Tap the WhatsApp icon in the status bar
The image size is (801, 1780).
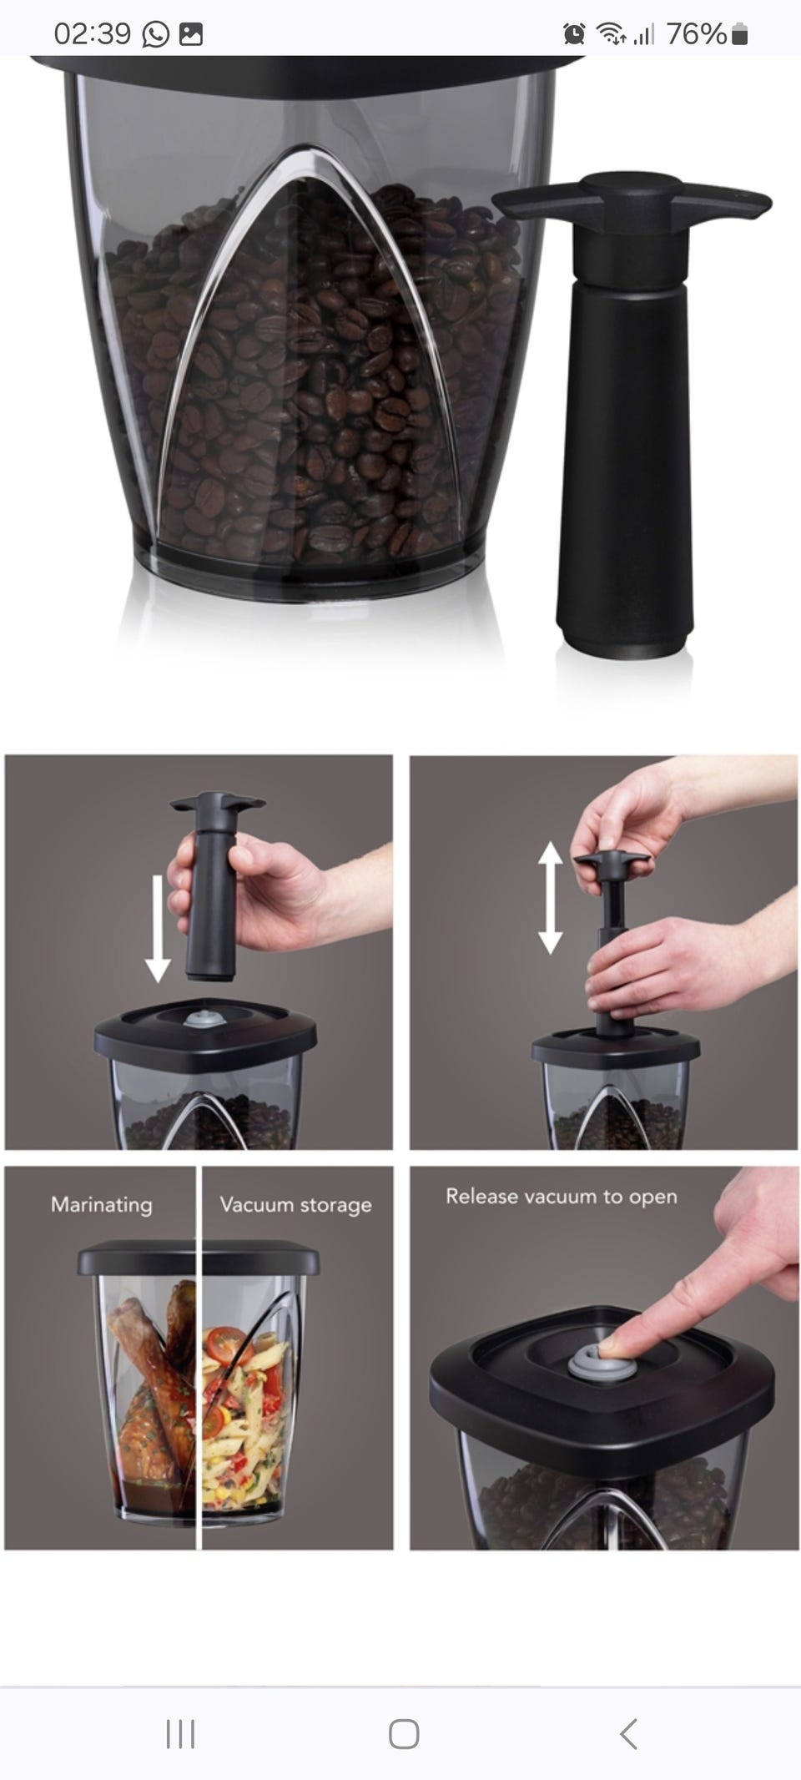156,34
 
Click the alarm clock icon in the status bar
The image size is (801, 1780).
574,34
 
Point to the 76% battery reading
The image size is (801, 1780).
697,34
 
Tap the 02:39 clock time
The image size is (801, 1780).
92,34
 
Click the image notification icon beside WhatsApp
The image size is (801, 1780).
191,34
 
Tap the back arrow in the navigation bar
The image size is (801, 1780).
629,1733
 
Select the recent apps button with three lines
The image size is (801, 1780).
180,1733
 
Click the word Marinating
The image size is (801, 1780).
102,1204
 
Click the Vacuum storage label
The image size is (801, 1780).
295,1204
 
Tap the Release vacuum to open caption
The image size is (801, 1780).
561,1196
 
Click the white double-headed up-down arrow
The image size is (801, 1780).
550,898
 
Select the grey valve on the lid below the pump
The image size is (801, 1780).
199,1019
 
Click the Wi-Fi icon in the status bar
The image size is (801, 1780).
611,34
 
